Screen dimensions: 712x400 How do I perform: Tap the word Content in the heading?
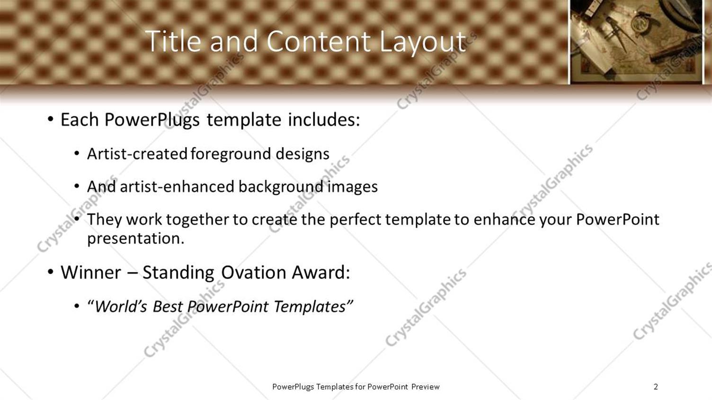pos(319,41)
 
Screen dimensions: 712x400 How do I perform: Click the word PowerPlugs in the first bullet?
pos(152,120)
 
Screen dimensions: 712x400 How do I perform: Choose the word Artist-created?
pos(137,154)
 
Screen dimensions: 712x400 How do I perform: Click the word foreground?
pos(231,155)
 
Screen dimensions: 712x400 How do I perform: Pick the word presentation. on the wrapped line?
pos(136,239)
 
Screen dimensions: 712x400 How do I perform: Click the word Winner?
pos(91,272)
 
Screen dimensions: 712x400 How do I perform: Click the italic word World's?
pos(121,306)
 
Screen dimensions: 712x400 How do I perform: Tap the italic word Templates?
pos(310,307)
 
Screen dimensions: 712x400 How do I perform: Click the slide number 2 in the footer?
pos(656,386)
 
